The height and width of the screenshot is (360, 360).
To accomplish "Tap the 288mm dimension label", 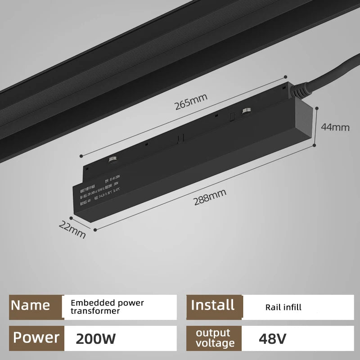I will [210, 198].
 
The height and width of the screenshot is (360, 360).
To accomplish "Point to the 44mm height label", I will [335, 127].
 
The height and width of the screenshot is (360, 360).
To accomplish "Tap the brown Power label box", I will [36, 337].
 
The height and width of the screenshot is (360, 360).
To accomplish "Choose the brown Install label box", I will [213, 305].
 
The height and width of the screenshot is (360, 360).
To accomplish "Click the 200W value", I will [96, 338].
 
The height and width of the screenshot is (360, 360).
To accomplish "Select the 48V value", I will [272, 338].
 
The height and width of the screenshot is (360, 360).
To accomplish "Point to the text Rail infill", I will [283, 308].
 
